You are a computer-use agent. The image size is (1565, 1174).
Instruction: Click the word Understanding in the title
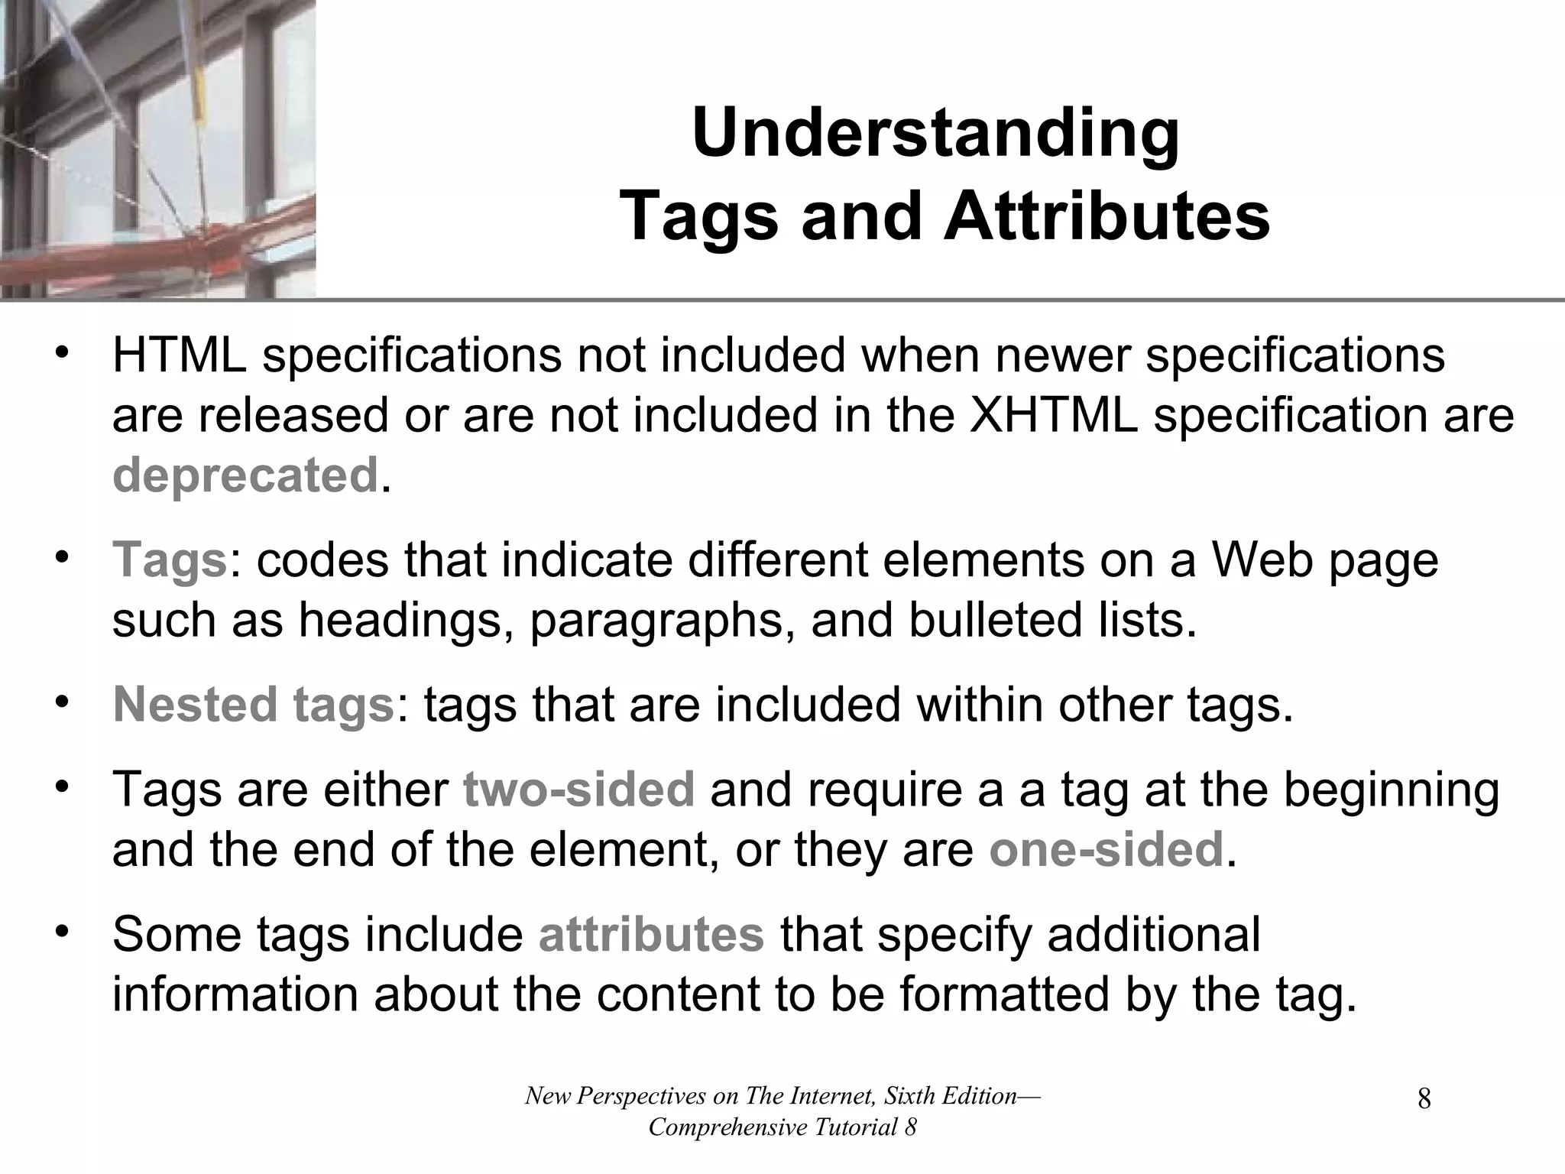tap(935, 134)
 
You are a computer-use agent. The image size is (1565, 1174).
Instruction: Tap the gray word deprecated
tap(245, 475)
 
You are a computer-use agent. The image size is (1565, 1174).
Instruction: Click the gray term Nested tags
tap(253, 705)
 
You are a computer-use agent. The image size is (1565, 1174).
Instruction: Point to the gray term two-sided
tap(578, 790)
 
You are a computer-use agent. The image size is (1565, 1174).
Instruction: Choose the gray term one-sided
tap(1106, 849)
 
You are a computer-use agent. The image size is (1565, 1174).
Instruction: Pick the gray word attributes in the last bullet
tap(651, 935)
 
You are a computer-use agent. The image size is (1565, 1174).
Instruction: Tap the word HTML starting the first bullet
tap(180, 356)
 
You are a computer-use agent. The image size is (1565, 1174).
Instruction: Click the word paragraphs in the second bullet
tap(656, 620)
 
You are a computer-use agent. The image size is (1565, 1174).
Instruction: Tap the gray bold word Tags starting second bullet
tap(170, 560)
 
